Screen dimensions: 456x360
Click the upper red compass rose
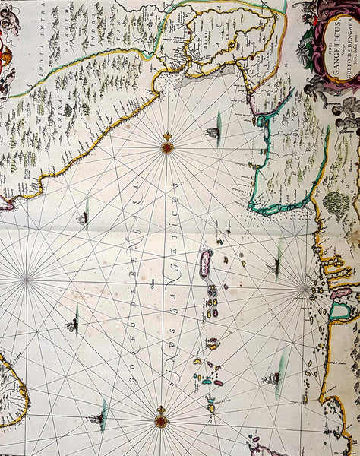tap(167, 144)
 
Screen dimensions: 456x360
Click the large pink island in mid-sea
tap(205, 264)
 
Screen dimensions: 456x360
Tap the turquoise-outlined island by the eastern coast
tap(339, 311)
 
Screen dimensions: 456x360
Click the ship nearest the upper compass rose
tap(213, 134)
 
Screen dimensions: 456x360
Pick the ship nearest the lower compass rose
tap(94, 417)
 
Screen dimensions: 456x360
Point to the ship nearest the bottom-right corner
tap(271, 378)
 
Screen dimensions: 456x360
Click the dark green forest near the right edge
tap(336, 204)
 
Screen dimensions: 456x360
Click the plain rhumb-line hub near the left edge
tap(27, 280)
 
